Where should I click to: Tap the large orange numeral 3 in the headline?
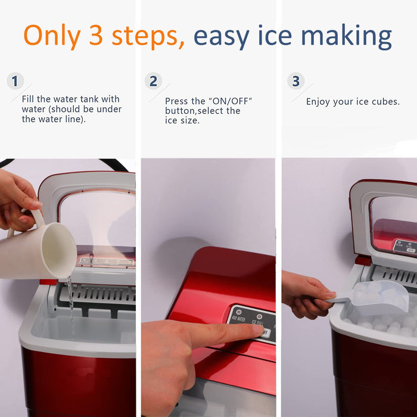[96, 35]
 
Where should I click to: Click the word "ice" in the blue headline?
[275, 35]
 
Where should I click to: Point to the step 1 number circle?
[15, 81]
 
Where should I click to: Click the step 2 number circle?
[153, 81]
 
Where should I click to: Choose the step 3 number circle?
[295, 81]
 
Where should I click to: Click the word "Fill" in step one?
[28, 99]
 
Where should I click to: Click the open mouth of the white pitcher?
[59, 250]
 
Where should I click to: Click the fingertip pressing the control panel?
[257, 330]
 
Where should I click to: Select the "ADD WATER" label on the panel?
[238, 319]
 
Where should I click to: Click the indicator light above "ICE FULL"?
[259, 316]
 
